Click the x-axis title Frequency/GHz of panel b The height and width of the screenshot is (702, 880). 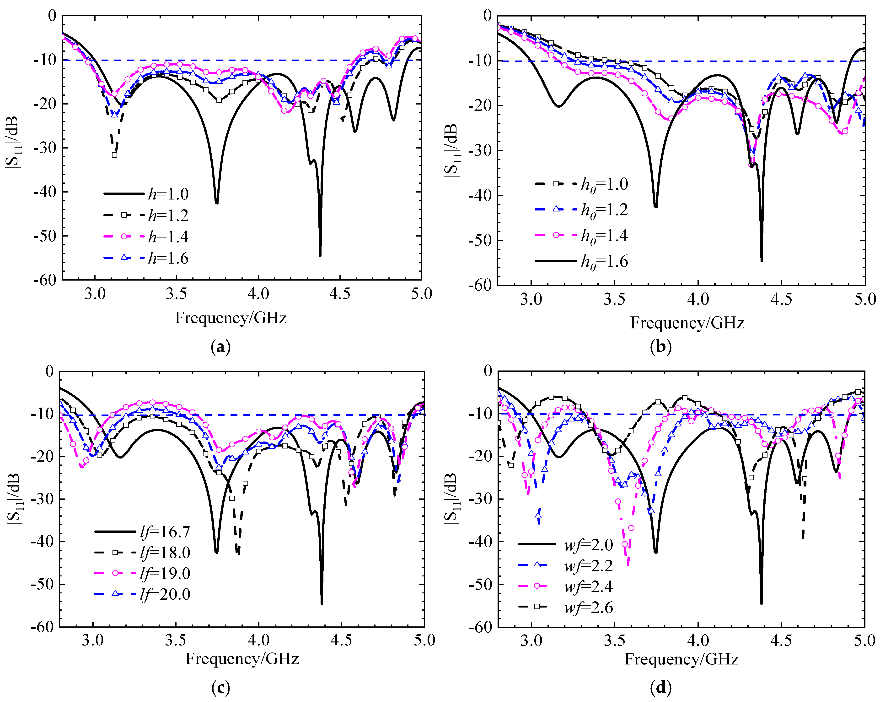coord(687,323)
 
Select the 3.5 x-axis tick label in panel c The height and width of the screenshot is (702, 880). coord(176,640)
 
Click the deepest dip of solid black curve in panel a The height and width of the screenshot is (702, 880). coord(320,256)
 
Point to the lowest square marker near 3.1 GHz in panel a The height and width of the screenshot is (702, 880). coord(115,155)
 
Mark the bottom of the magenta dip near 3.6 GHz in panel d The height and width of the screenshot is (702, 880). coord(628,565)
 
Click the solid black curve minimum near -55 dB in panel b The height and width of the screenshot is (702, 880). coord(762,261)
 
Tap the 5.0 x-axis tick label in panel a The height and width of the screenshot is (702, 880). coord(421,294)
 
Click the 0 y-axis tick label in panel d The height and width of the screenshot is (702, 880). coord(488,371)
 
